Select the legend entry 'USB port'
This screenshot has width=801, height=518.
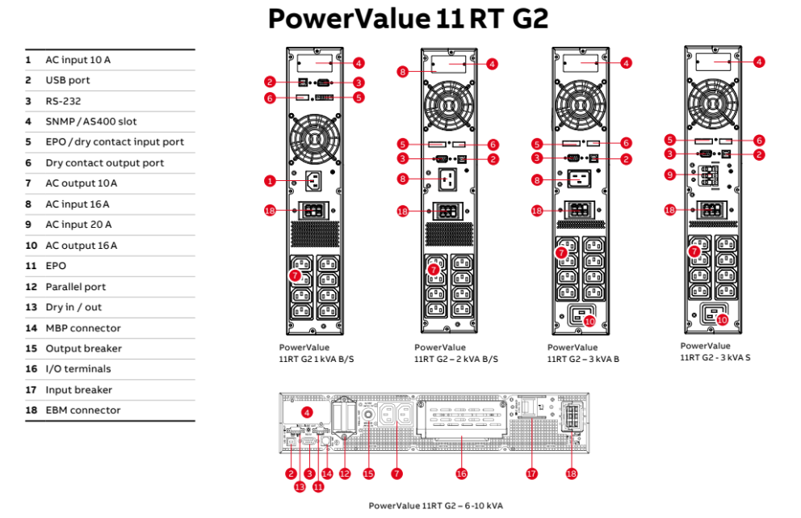point(68,80)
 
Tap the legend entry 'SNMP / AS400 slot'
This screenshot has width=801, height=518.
point(90,121)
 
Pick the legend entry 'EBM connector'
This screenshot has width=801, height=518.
point(82,410)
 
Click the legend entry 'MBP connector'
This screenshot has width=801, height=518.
point(82,328)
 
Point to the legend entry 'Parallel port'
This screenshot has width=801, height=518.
point(75,287)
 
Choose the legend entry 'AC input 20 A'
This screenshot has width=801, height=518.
point(78,225)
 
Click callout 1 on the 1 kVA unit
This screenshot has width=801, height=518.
point(270,180)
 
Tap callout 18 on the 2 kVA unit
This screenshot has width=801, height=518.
point(403,212)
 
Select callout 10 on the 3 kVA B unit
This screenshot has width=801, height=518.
point(589,321)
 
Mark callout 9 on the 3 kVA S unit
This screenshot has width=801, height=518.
point(669,175)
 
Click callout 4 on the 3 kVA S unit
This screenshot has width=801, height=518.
point(759,61)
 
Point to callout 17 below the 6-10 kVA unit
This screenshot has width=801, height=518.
point(531,474)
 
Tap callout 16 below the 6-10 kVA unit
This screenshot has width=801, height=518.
point(461,474)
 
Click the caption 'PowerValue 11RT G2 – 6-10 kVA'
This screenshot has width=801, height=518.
point(435,505)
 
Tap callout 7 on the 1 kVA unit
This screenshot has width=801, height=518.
point(296,276)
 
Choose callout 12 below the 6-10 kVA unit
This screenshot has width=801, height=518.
point(345,474)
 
